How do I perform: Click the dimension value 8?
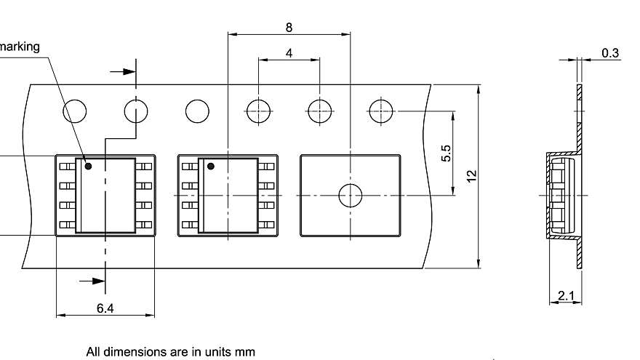tap(289, 28)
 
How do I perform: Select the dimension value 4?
tap(289, 53)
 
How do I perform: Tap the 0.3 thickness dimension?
tap(610, 53)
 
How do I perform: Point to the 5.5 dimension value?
tap(446, 153)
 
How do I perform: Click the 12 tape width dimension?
tap(471, 176)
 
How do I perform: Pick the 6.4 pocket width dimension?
tap(105, 308)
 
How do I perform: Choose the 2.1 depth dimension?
tap(566, 295)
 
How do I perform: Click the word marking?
tap(19, 47)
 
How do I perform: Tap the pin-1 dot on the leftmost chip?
tap(88, 166)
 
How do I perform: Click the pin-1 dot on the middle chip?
tap(211, 166)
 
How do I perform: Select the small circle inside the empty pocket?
tap(351, 196)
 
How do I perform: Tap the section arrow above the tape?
tap(123, 72)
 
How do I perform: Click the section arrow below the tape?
tap(92, 281)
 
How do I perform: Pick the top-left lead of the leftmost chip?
tap(68, 166)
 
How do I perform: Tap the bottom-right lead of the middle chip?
tap(265, 225)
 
